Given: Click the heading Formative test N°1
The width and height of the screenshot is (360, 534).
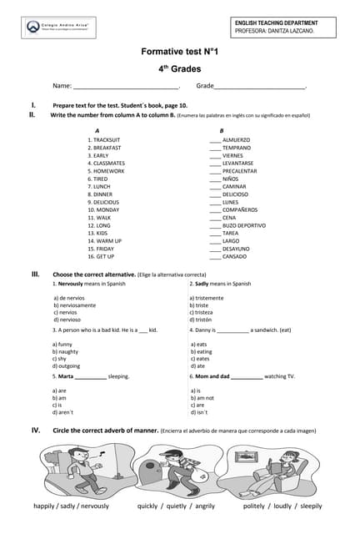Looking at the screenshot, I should point(179,52).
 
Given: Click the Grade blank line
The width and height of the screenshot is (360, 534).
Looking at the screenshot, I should point(260,87).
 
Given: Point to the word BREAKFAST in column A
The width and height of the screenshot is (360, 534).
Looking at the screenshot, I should point(107,147).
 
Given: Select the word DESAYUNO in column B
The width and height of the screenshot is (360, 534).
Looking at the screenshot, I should point(237,249).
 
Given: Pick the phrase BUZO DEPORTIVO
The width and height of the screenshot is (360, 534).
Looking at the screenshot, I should point(244,225).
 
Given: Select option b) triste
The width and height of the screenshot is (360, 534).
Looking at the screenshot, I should point(200,305).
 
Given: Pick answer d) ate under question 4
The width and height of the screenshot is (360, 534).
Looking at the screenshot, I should point(197,365).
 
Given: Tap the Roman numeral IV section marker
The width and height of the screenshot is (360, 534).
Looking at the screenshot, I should point(36,430).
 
